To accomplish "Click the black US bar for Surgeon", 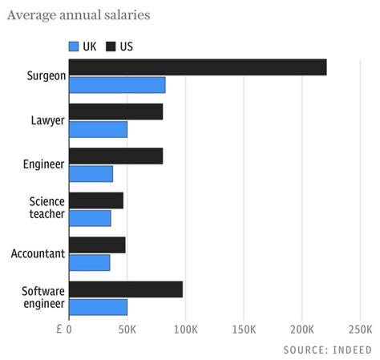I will [x=198, y=67].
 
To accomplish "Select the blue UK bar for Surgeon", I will [x=117, y=85].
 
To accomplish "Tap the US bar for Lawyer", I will [x=116, y=111].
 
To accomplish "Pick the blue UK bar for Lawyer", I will [x=98, y=129].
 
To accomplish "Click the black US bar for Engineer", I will [x=116, y=156].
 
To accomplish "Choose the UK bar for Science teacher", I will [x=90, y=217].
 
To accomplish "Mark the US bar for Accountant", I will [x=97, y=245].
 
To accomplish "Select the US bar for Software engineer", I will [x=126, y=289].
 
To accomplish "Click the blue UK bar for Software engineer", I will [x=98, y=306].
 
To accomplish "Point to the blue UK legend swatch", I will [x=74, y=46].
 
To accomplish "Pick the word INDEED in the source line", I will [x=353, y=350].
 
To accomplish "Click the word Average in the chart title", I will [x=34, y=15].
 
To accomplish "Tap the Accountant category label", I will [x=38, y=254].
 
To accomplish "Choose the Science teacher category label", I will [x=46, y=209].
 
